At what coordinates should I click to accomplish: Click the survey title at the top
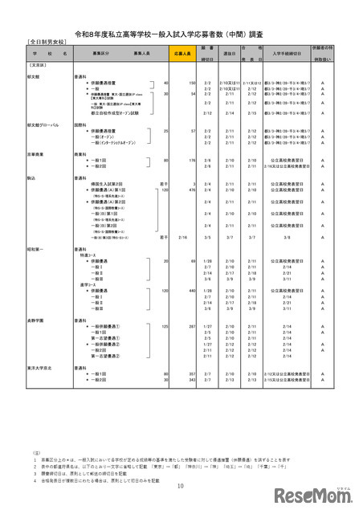pyautogui.click(x=181, y=27)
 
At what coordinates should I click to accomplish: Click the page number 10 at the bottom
pyautogui.click(x=181, y=484)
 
